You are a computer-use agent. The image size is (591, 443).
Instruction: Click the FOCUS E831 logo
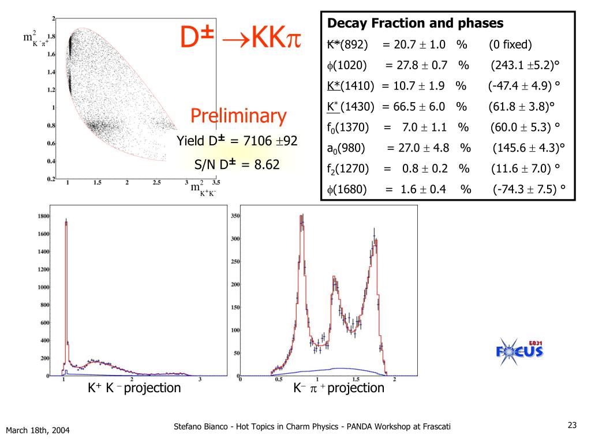(x=519, y=350)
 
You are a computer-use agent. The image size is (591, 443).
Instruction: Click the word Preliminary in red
(x=238, y=116)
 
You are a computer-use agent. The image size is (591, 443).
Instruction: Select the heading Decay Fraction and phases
(x=415, y=24)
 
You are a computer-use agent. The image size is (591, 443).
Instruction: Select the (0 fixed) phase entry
(x=510, y=45)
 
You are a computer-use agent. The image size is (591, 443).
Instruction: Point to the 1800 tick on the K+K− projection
(x=43, y=216)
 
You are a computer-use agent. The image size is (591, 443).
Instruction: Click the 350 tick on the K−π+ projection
(x=235, y=216)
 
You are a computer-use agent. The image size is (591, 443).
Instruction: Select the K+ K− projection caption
(x=134, y=388)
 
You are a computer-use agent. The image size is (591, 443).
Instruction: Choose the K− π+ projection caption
(x=338, y=388)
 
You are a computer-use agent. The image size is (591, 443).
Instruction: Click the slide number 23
(x=572, y=426)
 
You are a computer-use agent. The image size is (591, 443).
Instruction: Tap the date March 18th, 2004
(x=38, y=430)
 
